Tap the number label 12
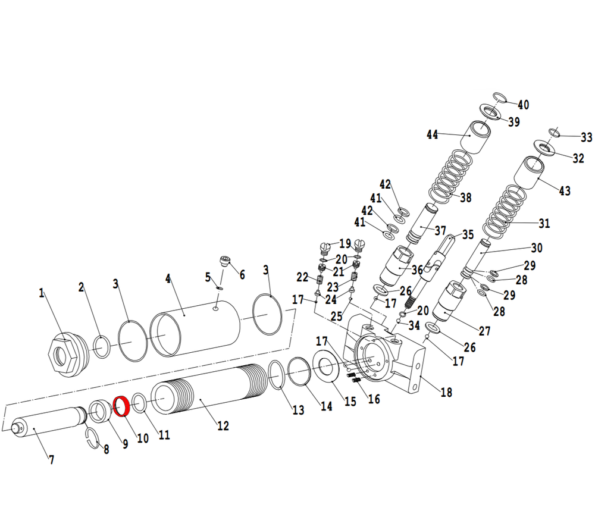point(223,426)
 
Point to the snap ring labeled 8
point(93,438)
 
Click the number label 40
point(523,105)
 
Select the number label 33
point(587,137)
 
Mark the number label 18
point(446,392)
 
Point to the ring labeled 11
point(140,402)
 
